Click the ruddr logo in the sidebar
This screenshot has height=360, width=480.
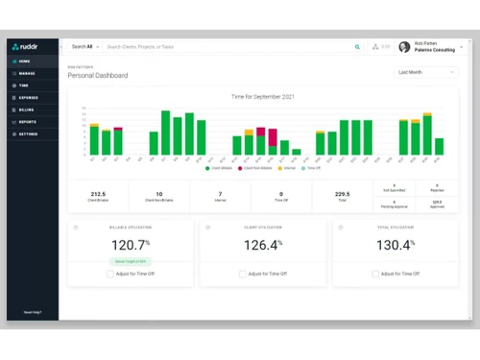click(x=25, y=46)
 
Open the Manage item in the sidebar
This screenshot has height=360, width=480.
click(x=26, y=73)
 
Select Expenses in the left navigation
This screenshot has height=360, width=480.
click(x=28, y=98)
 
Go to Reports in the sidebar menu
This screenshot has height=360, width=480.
click(x=27, y=122)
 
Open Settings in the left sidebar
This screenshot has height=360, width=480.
click(x=27, y=134)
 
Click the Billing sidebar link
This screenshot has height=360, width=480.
click(x=26, y=109)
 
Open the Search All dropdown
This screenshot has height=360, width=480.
click(x=84, y=46)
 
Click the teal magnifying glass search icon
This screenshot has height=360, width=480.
click(x=358, y=46)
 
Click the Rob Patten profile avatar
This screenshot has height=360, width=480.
click(x=404, y=46)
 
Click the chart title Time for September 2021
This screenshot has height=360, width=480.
click(x=262, y=97)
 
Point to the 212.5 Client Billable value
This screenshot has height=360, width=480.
click(x=97, y=194)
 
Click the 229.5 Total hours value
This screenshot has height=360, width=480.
click(x=342, y=194)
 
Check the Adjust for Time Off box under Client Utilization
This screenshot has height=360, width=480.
click(x=243, y=274)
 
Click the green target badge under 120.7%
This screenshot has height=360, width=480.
click(x=130, y=260)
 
